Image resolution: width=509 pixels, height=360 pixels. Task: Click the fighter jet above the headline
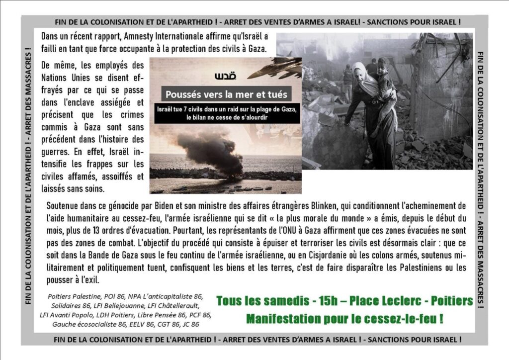coord(276,68)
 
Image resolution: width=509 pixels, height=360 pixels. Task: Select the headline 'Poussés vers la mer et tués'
coord(226,94)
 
